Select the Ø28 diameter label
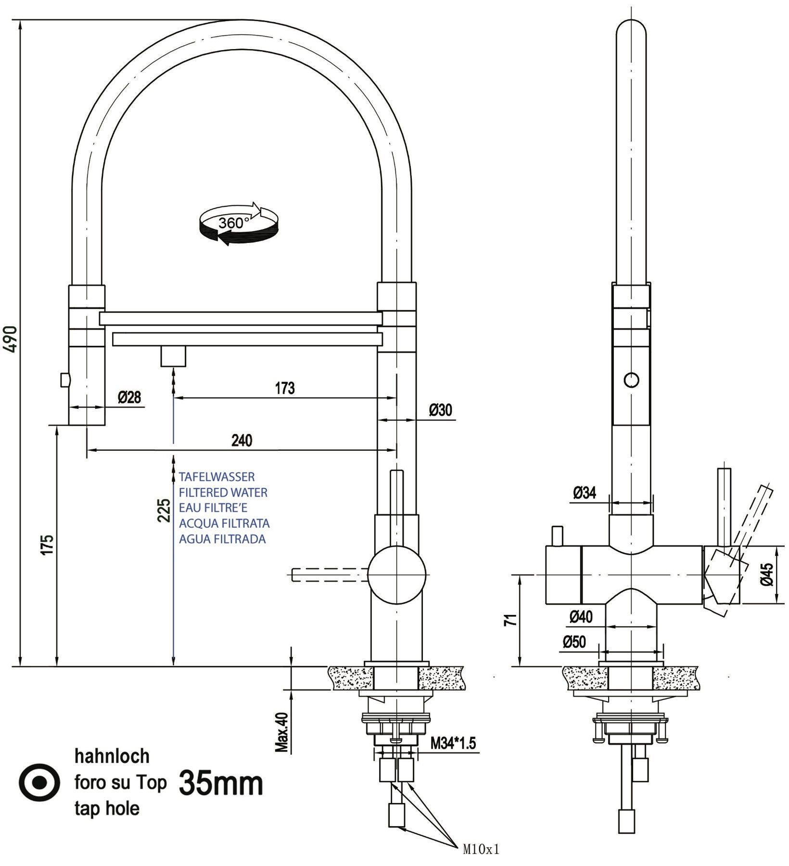pyautogui.click(x=129, y=397)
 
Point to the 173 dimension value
pyautogui.click(x=285, y=388)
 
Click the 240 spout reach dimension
pyautogui.click(x=242, y=440)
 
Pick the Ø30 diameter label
pyautogui.click(x=441, y=410)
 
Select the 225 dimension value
pyautogui.click(x=165, y=510)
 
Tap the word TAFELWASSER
pyautogui.click(x=217, y=477)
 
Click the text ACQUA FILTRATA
pyautogui.click(x=224, y=523)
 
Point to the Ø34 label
pyautogui.click(x=585, y=493)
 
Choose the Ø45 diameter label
pyautogui.click(x=767, y=574)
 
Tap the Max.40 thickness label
pyautogui.click(x=282, y=732)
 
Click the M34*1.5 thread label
pyautogui.click(x=453, y=744)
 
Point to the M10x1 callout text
pyautogui.click(x=481, y=850)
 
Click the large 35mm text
pyautogui.click(x=221, y=784)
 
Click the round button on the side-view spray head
pyautogui.click(x=631, y=380)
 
